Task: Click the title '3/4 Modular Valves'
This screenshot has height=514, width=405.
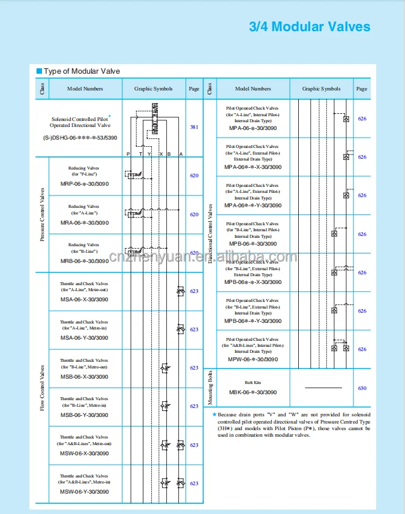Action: pos(310,27)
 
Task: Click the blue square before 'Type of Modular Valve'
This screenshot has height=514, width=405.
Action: pos(39,71)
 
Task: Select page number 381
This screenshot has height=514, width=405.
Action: pos(194,127)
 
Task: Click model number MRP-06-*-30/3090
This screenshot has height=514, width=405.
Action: pos(85,185)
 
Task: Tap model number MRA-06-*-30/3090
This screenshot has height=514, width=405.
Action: pos(85,223)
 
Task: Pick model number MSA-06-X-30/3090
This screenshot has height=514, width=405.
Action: pos(85,300)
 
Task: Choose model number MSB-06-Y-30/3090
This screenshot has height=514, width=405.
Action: pos(85,415)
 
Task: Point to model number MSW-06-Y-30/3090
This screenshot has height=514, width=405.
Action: pos(85,492)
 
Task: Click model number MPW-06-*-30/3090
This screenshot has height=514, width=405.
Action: pos(253,359)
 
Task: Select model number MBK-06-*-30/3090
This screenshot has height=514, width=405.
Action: pos(253,392)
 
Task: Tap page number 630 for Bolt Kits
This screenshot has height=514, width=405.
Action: pos(362,388)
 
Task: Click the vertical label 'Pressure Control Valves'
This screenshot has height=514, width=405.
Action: pos(42,214)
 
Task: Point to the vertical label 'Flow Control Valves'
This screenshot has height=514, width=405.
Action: pos(42,387)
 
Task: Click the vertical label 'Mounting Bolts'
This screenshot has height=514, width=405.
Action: pos(209,388)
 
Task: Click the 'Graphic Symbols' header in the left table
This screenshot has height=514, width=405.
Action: pos(153,89)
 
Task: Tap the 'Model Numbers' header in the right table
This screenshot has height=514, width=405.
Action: pos(253,89)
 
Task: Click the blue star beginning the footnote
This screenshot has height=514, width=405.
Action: pos(214,414)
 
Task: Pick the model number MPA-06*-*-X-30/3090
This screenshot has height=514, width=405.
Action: pos(253,167)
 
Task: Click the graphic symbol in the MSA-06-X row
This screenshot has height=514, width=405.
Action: pos(180,291)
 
